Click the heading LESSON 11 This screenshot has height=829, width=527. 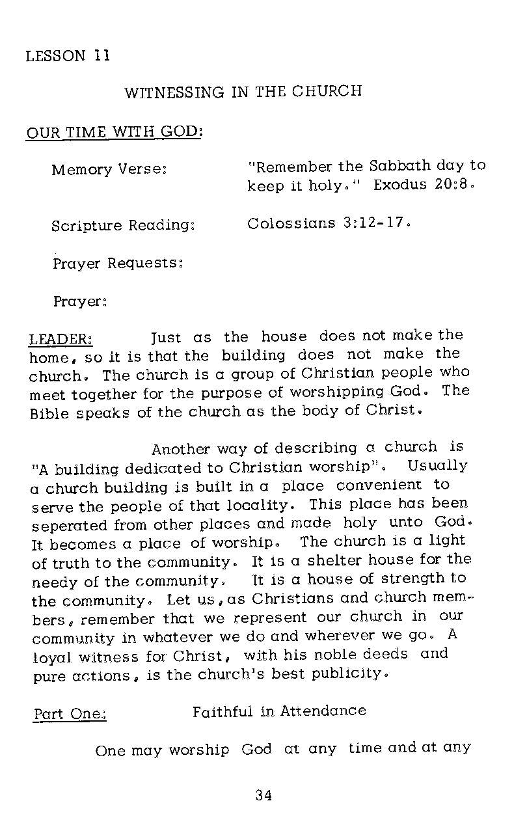tap(68, 55)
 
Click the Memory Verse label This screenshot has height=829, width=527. tap(110, 170)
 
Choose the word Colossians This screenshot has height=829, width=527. tap(291, 224)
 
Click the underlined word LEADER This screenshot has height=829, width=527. tap(61, 340)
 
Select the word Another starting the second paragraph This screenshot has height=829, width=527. tap(180, 449)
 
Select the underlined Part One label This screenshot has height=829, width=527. tap(69, 714)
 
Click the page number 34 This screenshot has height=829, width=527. tap(263, 795)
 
